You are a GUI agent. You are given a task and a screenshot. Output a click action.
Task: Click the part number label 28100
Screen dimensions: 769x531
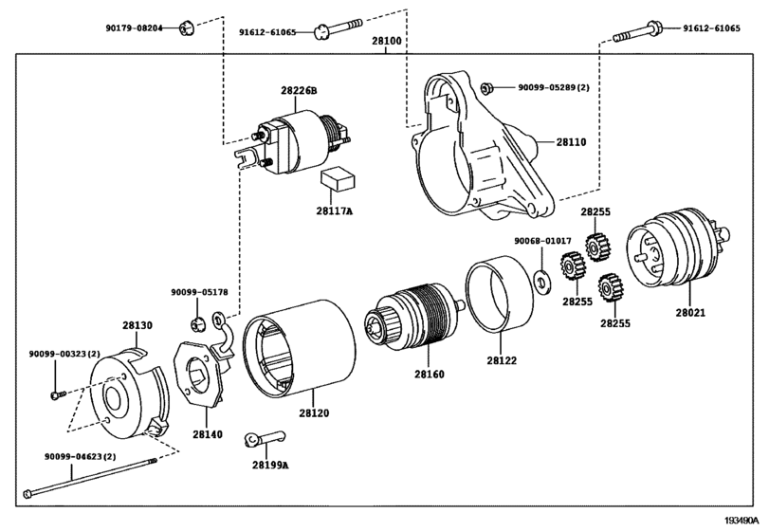point(387,41)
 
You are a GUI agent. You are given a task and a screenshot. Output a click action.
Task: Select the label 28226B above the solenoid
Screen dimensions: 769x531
point(299,91)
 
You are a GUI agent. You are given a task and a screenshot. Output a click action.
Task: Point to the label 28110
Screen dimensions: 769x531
point(571,142)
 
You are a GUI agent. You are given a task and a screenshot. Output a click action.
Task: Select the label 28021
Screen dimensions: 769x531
point(690,312)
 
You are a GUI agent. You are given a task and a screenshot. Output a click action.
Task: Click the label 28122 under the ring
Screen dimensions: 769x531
point(502,360)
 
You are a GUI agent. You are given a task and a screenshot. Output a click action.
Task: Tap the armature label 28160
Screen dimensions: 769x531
point(430,375)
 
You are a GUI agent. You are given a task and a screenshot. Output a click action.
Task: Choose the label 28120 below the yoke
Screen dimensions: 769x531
point(314,413)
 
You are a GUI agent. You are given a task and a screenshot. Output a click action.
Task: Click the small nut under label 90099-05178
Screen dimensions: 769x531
point(197,324)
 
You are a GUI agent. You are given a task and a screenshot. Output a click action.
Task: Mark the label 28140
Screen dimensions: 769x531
point(207,434)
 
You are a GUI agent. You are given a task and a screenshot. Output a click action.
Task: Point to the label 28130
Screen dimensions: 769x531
point(137,325)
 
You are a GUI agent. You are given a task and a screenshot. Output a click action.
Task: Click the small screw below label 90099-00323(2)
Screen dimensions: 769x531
point(58,394)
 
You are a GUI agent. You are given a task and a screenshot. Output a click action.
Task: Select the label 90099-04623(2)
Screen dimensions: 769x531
point(80,456)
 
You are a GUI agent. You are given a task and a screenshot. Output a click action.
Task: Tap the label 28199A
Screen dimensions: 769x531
point(270,465)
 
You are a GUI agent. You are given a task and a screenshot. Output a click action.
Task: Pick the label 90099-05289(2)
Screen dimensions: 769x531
point(554,88)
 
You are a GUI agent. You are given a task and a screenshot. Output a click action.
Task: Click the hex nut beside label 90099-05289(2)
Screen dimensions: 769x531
point(486,89)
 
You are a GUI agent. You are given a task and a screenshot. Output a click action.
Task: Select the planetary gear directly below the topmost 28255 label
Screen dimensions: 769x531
point(597,247)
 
